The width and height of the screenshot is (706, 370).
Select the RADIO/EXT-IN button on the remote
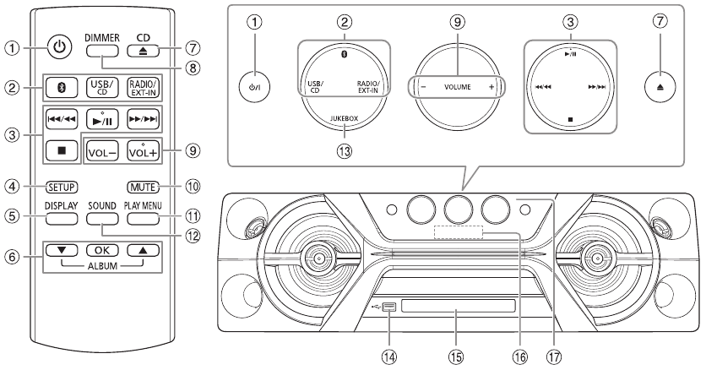click(144, 88)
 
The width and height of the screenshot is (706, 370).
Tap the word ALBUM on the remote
click(103, 266)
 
